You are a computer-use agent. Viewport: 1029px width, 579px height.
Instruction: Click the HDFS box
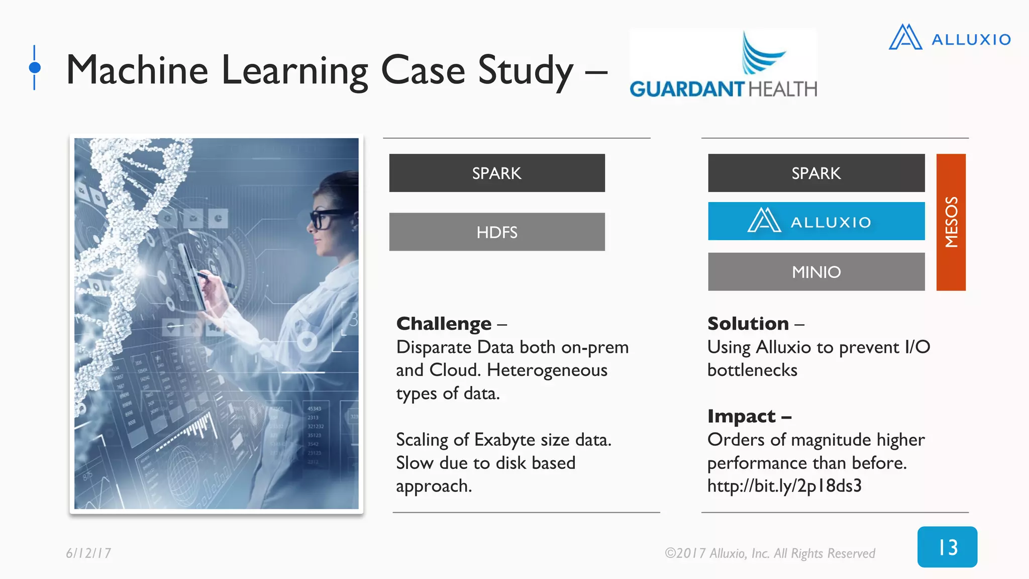coord(497,232)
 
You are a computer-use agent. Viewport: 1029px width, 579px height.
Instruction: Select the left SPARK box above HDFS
coord(497,173)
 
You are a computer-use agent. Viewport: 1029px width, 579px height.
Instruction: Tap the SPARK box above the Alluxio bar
coord(816,173)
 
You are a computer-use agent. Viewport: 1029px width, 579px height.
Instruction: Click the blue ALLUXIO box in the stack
coord(816,221)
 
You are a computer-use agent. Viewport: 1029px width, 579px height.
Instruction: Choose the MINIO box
coord(816,272)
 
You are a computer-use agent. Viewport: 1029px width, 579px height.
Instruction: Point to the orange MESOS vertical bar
coord(951,222)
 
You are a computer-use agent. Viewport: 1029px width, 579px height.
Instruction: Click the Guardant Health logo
coord(723,65)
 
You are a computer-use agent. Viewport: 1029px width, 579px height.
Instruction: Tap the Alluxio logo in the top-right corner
coord(950,38)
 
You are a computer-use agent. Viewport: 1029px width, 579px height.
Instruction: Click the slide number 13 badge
coord(947,547)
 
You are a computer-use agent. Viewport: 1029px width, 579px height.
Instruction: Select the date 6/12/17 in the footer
coord(88,553)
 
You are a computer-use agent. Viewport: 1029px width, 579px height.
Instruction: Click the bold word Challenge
coord(444,324)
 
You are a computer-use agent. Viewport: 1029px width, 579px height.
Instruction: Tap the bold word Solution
coord(748,324)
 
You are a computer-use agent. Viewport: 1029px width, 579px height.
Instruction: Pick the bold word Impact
coord(741,416)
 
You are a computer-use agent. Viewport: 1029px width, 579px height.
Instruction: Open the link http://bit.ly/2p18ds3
coord(784,486)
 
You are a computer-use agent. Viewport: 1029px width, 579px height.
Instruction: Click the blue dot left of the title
coord(35,67)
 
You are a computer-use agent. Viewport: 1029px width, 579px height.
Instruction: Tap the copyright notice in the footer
coord(769,553)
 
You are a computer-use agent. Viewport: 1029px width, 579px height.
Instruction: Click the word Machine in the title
coord(137,70)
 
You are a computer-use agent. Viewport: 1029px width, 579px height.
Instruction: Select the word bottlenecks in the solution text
coord(752,370)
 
